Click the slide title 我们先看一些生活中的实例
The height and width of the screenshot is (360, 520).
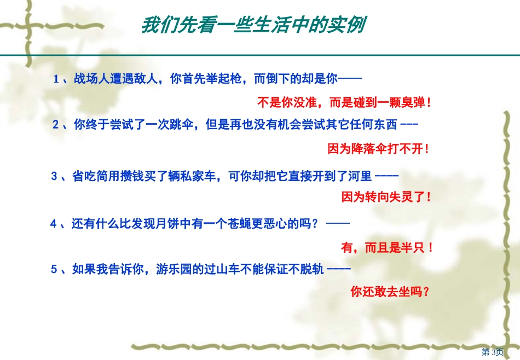pyautogui.click(x=253, y=25)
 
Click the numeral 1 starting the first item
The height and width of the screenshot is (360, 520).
pyautogui.click(x=56, y=79)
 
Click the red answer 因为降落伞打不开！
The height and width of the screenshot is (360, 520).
pyautogui.click(x=378, y=148)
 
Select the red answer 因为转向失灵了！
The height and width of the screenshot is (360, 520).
pyautogui.click(x=387, y=197)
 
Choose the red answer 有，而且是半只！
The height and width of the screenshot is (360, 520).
pyautogui.click(x=387, y=248)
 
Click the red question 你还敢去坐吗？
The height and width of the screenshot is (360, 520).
pyautogui.click(x=390, y=292)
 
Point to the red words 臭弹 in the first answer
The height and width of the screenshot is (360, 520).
pyautogui.click(x=413, y=102)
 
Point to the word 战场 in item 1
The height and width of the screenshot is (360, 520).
pyautogui.click(x=85, y=79)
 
